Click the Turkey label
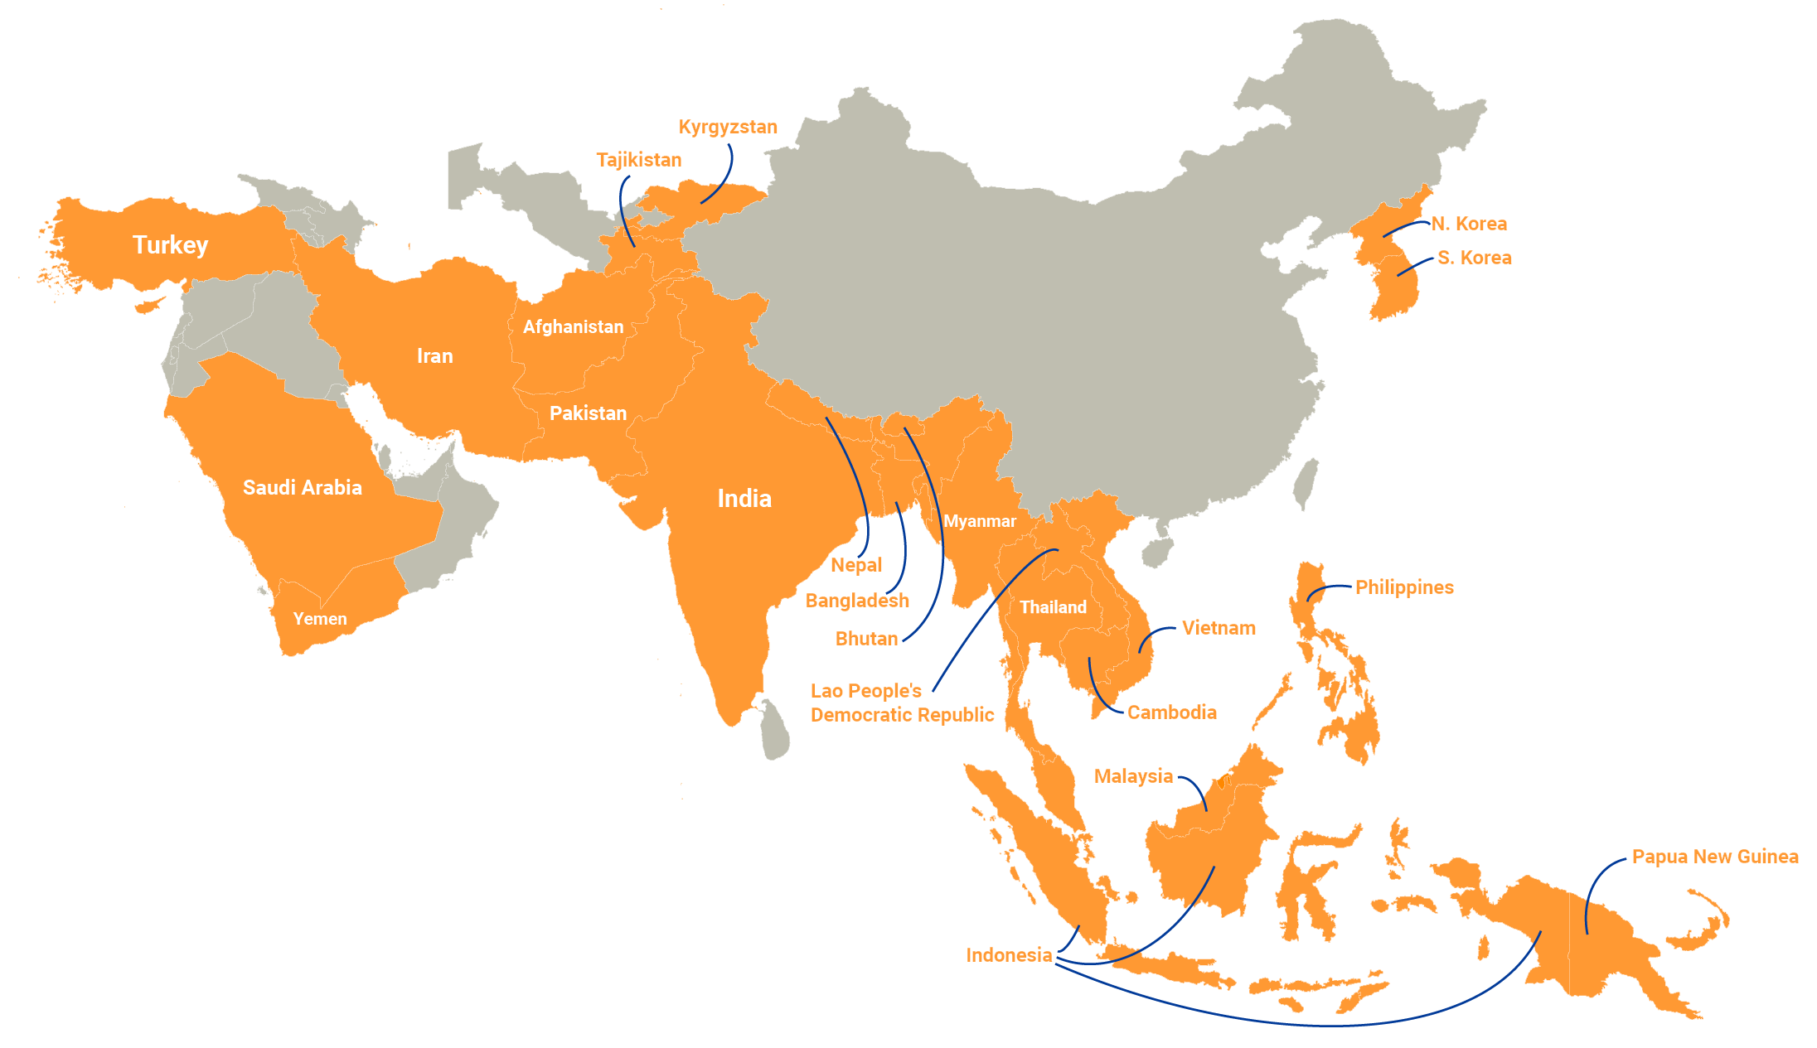[170, 245]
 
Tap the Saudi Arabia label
[302, 487]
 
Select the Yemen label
[320, 619]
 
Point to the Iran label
[434, 356]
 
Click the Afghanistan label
[573, 327]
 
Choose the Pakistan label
[588, 413]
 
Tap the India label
[744, 499]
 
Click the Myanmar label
[979, 521]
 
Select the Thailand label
[1053, 607]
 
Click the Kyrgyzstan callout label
[728, 127]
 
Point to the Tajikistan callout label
[638, 160]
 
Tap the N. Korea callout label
[1469, 224]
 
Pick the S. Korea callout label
[1474, 258]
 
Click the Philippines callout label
[1404, 587]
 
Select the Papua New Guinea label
[1714, 857]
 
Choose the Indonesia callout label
[1009, 955]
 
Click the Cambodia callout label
[1171, 712]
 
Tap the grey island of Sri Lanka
[776, 730]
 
